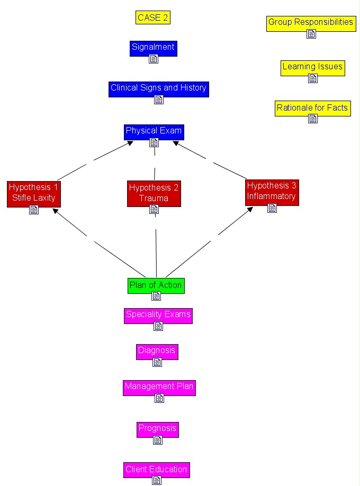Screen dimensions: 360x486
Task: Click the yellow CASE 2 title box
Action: coord(153,17)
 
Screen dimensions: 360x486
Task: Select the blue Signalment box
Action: coord(154,49)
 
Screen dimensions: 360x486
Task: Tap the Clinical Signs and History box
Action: coord(159,89)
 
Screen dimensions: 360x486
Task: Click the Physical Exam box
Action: coord(154,132)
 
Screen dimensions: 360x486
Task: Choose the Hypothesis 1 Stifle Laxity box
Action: coord(34,194)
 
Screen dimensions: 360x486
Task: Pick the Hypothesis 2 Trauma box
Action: coord(154,194)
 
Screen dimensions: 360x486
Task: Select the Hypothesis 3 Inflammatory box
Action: coord(272,193)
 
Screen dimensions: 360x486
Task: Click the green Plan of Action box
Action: coord(156,286)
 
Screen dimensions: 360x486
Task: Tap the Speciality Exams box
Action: coord(158,316)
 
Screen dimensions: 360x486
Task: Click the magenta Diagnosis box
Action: coord(157,352)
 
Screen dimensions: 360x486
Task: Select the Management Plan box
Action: coord(159,388)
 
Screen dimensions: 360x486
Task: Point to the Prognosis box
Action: coord(158,430)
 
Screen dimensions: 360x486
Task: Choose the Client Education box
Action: coord(157,470)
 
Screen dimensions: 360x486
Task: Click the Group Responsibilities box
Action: coord(311,24)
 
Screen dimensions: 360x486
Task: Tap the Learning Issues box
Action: coord(313,68)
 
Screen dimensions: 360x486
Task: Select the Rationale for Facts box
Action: coord(313,109)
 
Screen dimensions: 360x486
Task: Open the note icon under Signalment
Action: coord(154,59)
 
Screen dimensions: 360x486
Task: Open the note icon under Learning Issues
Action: coord(313,78)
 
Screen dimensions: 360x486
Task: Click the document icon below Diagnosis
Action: coord(157,362)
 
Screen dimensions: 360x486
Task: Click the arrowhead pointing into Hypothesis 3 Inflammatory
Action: coord(249,210)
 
